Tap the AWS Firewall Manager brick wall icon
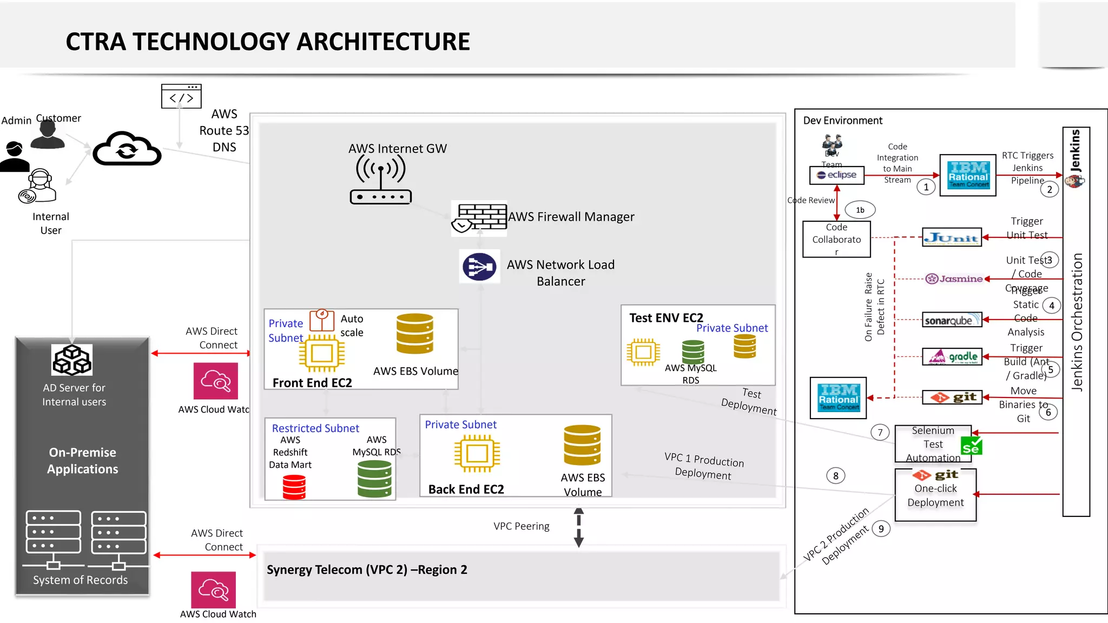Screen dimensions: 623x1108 pyautogui.click(x=479, y=218)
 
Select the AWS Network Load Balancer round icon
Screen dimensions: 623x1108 pyautogui.click(x=479, y=267)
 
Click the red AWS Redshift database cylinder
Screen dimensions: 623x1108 pyautogui.click(x=294, y=486)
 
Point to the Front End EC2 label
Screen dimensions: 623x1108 pyautogui.click(x=312, y=383)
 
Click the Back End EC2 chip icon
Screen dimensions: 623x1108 pyautogui.click(x=477, y=453)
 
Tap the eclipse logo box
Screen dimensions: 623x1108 pyautogui.click(x=836, y=175)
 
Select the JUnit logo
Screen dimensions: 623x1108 pyautogui.click(x=952, y=237)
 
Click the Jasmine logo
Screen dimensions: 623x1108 pyautogui.click(x=954, y=279)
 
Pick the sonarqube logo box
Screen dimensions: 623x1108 pyautogui.click(x=952, y=320)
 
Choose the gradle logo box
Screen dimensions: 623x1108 pyautogui.click(x=952, y=357)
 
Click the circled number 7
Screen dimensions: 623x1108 pyautogui.click(x=880, y=432)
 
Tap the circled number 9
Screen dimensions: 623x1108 pyautogui.click(x=881, y=528)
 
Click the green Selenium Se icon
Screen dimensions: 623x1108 pyautogui.click(x=971, y=447)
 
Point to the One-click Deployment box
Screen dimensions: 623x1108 pyautogui.click(x=935, y=495)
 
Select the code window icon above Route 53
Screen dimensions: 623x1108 pyautogui.click(x=181, y=96)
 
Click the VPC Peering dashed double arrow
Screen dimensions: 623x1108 pyautogui.click(x=578, y=527)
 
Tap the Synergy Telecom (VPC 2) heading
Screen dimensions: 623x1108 pyautogui.click(x=367, y=570)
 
